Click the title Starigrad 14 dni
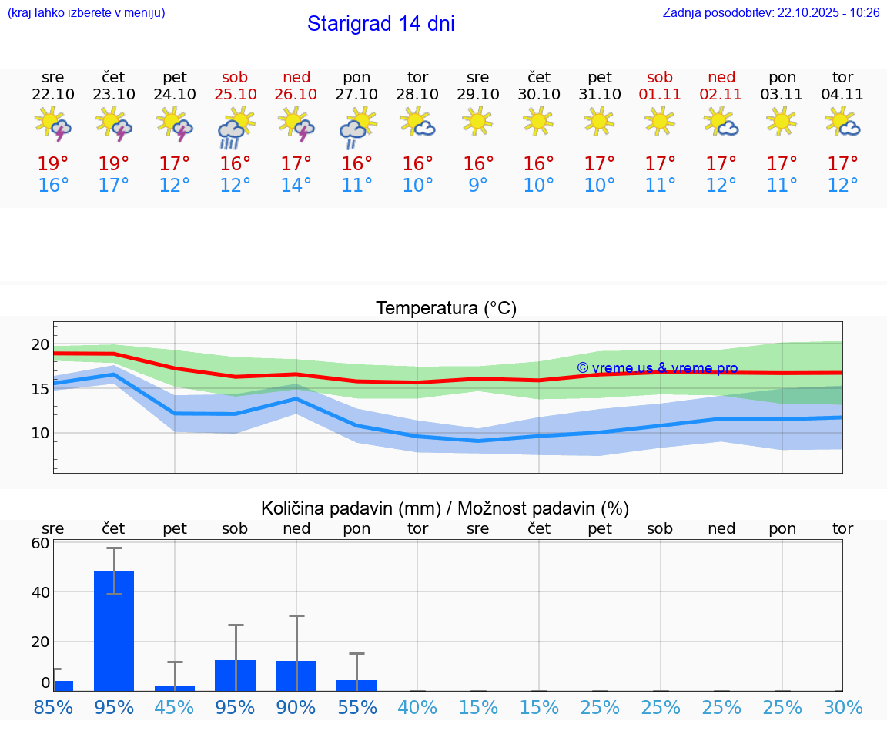click(380, 24)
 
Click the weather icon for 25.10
click(235, 127)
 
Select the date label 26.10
click(296, 94)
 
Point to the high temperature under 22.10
click(53, 163)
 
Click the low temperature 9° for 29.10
click(478, 186)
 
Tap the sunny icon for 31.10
click(600, 122)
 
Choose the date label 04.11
click(842, 94)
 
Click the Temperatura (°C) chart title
click(446, 309)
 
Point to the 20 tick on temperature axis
click(40, 344)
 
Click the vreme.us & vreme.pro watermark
click(657, 368)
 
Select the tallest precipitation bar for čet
click(114, 630)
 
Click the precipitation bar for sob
click(236, 675)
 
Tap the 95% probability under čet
click(114, 707)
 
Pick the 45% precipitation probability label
click(175, 707)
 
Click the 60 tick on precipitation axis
click(40, 543)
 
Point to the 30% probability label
click(842, 707)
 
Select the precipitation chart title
click(445, 508)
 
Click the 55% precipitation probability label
click(357, 707)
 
